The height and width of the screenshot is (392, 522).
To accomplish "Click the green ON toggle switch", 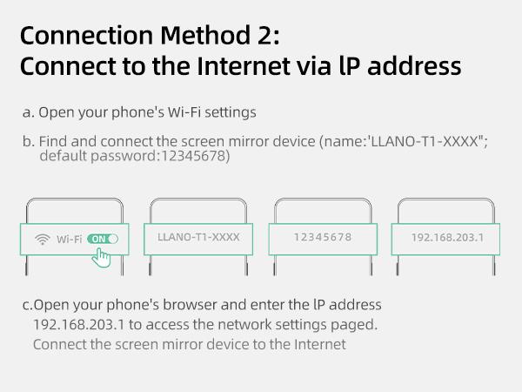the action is pyautogui.click(x=103, y=239).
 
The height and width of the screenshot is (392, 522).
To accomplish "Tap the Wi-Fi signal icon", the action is pyautogui.click(x=43, y=239).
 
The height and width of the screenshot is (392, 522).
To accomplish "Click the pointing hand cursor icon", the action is pyautogui.click(x=101, y=258).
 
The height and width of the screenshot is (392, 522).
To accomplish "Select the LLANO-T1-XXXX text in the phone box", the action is pyautogui.click(x=198, y=237).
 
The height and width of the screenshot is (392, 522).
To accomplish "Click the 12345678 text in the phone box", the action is pyautogui.click(x=323, y=237).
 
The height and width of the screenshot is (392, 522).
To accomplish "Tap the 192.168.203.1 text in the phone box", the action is pyautogui.click(x=447, y=237).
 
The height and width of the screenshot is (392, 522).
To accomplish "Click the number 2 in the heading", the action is pyautogui.click(x=264, y=36).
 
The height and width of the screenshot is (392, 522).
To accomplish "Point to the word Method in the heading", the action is pyautogui.click(x=205, y=35).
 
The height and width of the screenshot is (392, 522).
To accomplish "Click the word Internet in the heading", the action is pyautogui.click(x=244, y=65).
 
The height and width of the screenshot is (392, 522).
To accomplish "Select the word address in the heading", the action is pyautogui.click(x=414, y=65).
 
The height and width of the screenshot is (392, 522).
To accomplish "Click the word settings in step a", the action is pyautogui.click(x=231, y=112).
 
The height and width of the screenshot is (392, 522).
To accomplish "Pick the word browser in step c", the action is pyautogui.click(x=190, y=305).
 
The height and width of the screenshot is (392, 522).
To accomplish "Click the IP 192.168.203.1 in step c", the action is pyautogui.click(x=79, y=324).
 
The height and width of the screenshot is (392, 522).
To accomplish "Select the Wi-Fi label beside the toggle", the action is pyautogui.click(x=70, y=239).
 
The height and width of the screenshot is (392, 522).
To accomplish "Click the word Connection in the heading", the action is pyautogui.click(x=86, y=35).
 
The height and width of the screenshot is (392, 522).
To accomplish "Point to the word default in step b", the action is pyautogui.click(x=64, y=156).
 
